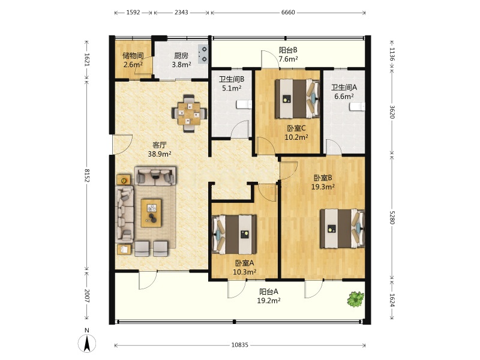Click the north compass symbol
point(87,343)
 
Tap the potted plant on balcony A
point(355,299)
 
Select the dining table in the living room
point(189,114)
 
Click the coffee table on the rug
point(151,213)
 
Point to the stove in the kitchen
point(203,54)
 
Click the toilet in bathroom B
point(244,104)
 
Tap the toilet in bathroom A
point(358,107)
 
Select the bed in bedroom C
point(297,98)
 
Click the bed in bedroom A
point(234,235)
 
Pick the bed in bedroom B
point(343,229)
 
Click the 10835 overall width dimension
point(239,345)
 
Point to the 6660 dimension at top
point(288,12)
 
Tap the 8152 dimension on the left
point(87,175)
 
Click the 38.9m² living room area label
point(160,154)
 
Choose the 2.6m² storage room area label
point(133,65)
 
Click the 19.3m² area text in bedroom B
point(323,187)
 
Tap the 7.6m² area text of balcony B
point(289,59)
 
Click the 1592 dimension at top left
point(133,12)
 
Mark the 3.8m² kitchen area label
point(182,65)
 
